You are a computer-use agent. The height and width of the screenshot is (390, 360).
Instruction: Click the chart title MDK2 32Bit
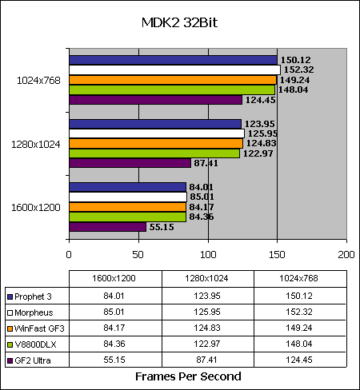click(179, 22)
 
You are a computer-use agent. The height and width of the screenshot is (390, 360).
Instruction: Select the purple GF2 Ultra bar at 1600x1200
click(108, 227)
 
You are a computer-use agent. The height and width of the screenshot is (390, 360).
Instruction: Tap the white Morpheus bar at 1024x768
click(175, 70)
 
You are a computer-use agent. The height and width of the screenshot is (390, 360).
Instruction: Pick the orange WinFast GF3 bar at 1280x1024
click(156, 144)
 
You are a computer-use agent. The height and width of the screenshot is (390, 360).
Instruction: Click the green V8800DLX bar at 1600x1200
click(128, 217)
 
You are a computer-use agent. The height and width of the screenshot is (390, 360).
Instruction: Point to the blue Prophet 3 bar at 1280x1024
click(155, 124)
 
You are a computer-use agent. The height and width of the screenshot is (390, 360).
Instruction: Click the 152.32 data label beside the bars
click(298, 70)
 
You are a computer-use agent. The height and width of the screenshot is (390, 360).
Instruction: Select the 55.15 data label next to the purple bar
click(162, 227)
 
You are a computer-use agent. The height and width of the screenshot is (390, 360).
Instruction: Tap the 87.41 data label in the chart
click(206, 163)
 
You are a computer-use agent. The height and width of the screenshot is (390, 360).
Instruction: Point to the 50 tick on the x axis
click(138, 255)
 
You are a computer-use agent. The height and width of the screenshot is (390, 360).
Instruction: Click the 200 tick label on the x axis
click(346, 255)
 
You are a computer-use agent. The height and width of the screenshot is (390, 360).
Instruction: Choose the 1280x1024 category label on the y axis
click(36, 145)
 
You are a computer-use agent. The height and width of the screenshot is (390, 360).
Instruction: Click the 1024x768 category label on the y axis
click(38, 81)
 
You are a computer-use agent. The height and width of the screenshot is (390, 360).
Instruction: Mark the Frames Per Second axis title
click(188, 376)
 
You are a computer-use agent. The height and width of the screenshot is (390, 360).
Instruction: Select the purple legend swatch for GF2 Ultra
click(10, 360)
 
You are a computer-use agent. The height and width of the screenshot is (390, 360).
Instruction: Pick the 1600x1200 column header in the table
click(114, 278)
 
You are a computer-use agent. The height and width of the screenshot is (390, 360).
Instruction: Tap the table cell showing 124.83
click(207, 328)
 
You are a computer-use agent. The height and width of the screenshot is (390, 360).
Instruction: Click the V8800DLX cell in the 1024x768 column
click(299, 344)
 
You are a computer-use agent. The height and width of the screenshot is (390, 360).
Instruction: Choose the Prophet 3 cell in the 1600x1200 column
click(114, 296)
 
